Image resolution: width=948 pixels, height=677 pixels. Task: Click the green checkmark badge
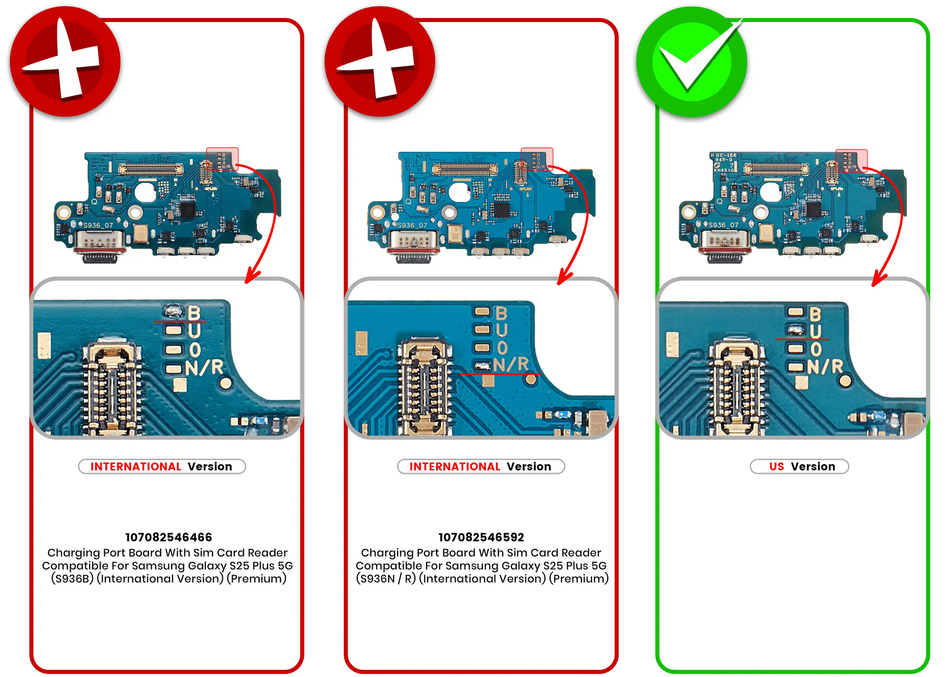[691, 62]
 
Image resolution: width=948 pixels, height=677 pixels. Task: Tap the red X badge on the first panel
[65, 61]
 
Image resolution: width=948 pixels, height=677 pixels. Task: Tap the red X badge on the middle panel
[380, 61]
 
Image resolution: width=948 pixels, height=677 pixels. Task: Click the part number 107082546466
[169, 537]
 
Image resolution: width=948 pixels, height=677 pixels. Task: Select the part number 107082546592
[481, 537]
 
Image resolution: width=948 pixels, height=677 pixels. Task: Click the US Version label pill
[799, 466]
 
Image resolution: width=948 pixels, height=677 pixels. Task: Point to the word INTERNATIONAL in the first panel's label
[135, 466]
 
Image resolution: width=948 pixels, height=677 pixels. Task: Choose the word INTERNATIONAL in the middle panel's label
[455, 466]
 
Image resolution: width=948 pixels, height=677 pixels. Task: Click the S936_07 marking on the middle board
[412, 225]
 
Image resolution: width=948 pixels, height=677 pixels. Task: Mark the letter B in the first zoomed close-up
[194, 313]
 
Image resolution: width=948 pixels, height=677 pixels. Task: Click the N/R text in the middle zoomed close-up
[510, 364]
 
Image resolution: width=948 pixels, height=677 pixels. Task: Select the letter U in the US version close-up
[815, 331]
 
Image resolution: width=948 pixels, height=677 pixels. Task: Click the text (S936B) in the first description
[72, 579]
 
